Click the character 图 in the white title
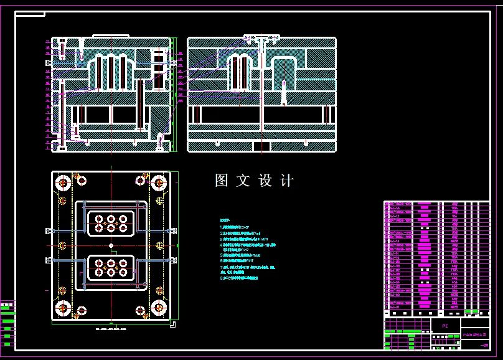coord(222,181)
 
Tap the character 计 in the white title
coord(286,181)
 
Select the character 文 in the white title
coord(243,181)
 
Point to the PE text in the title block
coord(444,326)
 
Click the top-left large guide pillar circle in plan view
coord(63,184)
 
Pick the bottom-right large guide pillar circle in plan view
coord(159,308)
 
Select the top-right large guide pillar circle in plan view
coord(159,184)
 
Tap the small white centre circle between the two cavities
coord(111,246)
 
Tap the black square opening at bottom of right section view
coord(262,146)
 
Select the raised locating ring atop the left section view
coord(111,36)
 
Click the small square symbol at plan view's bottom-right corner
coord(172,323)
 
